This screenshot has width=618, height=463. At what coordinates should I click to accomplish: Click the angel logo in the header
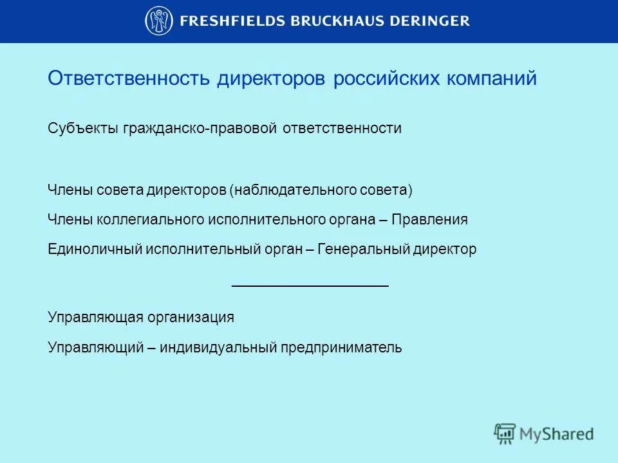tap(158, 21)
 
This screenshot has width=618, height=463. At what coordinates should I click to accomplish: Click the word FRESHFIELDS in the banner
tap(222, 21)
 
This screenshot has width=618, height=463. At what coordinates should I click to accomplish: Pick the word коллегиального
tap(151, 220)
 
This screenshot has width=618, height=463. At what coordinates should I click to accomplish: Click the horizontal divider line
tap(310, 284)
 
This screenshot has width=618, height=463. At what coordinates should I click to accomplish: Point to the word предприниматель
tap(341, 348)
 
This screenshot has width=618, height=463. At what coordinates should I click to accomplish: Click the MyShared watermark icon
tap(505, 433)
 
